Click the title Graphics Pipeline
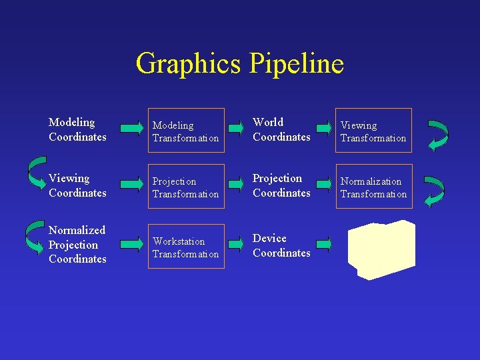click(239, 64)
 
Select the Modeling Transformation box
click(186, 131)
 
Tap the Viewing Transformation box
click(373, 131)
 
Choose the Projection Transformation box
click(186, 187)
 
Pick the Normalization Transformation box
click(373, 187)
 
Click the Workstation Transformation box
click(186, 247)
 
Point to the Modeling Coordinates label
click(77, 129)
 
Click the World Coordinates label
click(281, 129)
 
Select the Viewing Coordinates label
click(77, 185)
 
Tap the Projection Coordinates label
click(281, 185)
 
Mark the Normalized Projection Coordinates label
click(77, 244)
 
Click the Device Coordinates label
click(281, 245)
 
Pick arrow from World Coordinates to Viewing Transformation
click(324, 127)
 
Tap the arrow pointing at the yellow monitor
click(324, 244)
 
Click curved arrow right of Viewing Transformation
click(437, 135)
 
